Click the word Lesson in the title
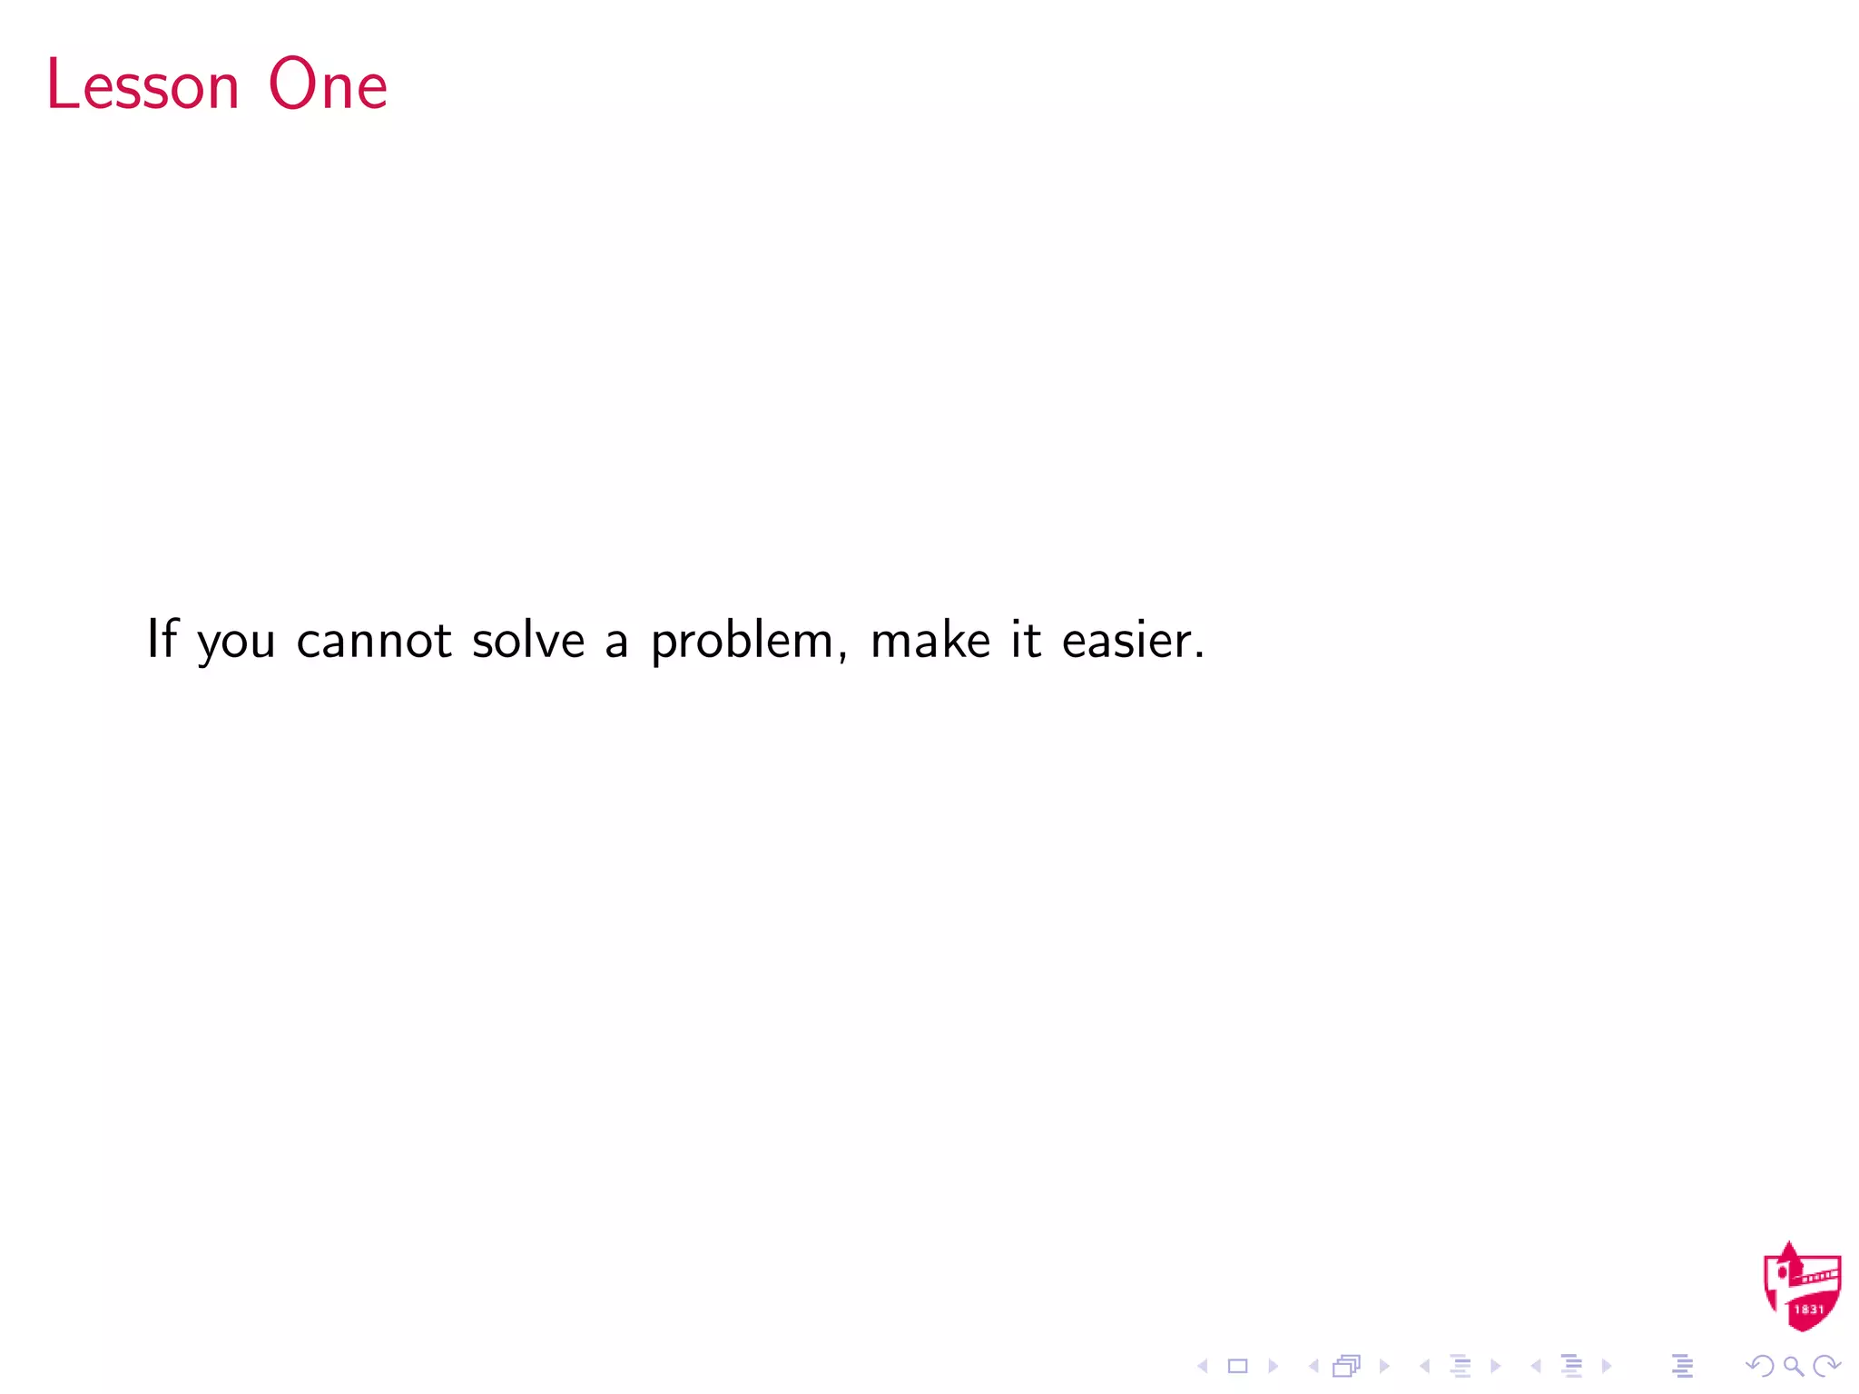143,84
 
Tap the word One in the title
328,84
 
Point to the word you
236,643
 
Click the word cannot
373,640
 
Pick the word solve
528,639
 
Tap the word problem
743,643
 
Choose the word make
929,639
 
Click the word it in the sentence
1026,639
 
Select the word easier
1126,639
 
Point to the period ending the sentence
1199,655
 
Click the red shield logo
1802,1287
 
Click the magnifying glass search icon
1793,1366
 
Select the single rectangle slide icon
1237,1366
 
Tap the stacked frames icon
1347,1366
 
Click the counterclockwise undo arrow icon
1760,1366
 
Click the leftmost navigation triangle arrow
1203,1366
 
